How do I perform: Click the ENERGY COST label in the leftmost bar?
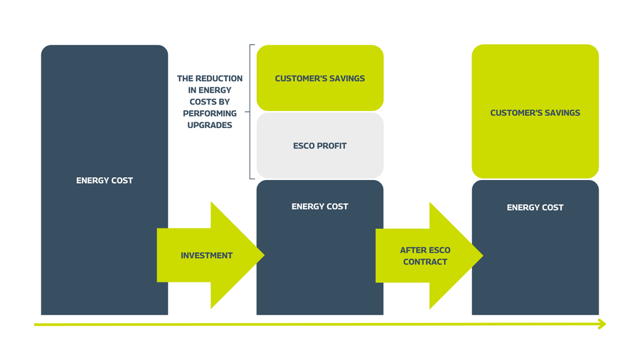pos(105,181)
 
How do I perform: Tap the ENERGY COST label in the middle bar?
pos(320,207)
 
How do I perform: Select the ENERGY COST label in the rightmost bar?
pos(535,208)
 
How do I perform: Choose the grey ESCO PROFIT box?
pos(320,146)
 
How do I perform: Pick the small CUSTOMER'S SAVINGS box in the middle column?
pos(320,78)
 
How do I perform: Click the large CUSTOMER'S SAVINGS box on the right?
pos(535,112)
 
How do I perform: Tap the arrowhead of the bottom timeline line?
pos(602,324)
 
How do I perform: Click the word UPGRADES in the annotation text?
pos(210,125)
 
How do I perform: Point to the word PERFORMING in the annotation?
pos(210,113)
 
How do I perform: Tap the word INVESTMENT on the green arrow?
pos(207,255)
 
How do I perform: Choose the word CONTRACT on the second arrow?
pos(425,262)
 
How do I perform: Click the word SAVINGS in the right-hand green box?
pos(562,113)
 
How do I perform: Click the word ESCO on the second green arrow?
pos(439,250)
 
